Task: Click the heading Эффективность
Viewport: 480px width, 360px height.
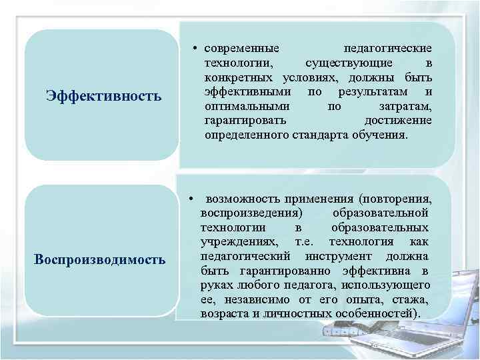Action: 103,96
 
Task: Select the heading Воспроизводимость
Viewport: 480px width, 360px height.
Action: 100,259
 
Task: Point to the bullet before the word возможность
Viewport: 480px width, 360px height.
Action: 191,199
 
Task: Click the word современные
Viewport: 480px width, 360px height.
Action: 242,49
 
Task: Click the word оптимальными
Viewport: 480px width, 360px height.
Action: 247,106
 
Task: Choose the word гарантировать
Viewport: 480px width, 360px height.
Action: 246,121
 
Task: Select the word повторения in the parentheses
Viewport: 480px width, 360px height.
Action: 396,199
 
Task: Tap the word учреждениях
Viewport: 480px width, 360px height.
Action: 236,241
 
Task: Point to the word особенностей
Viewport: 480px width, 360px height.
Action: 381,313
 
